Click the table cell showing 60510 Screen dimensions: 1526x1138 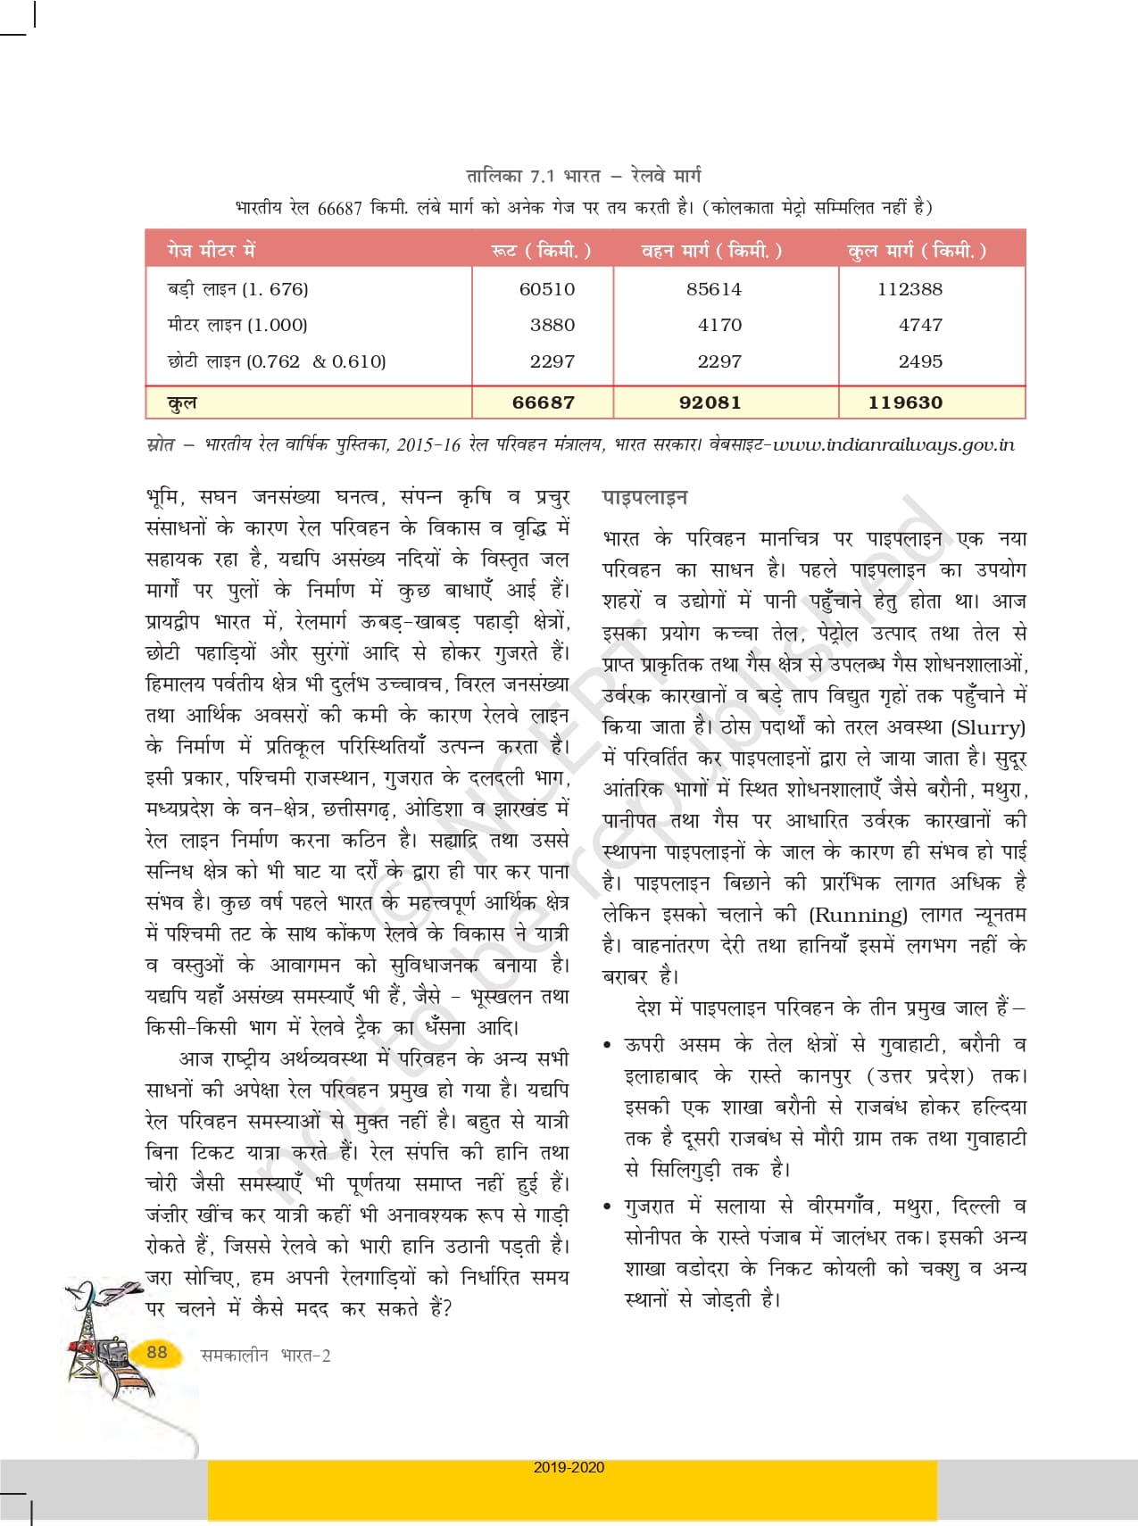point(546,289)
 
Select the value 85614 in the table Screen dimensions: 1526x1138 point(714,289)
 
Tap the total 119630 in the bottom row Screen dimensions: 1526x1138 point(905,402)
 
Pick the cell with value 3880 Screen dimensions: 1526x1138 point(552,325)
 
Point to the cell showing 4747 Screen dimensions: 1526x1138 point(920,325)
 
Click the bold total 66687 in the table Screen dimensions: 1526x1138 point(543,402)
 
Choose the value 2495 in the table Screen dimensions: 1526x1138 point(920,361)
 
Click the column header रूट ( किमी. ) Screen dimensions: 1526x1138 point(541,251)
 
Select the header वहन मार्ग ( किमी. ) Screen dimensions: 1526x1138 point(711,251)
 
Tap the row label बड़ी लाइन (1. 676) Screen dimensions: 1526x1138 point(237,289)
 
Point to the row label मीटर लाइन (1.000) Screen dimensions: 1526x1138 point(237,325)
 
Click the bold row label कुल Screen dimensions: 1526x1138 point(182,402)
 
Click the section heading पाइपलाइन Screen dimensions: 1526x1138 point(644,498)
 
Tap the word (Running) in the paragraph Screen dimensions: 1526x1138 point(858,915)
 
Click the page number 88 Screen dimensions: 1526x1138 point(157,1352)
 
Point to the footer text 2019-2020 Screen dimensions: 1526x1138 point(569,1467)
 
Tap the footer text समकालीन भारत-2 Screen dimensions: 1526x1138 point(265,1356)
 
